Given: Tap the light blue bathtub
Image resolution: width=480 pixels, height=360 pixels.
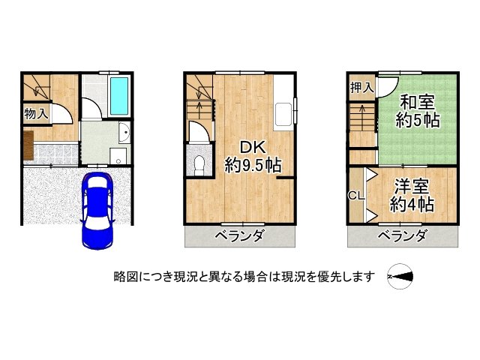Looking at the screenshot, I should click(118, 96).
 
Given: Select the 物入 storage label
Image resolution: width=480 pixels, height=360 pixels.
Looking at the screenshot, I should click(35, 115).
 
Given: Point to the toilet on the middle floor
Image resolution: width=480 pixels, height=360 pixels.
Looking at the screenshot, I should click(197, 163).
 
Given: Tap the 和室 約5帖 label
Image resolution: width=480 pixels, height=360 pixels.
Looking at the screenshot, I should click(418, 110).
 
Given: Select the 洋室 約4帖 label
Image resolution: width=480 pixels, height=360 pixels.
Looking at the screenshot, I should click(412, 194).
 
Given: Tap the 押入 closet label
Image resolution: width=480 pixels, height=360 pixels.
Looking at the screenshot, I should click(361, 88).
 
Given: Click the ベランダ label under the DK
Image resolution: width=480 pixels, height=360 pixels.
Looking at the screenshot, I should click(240, 237).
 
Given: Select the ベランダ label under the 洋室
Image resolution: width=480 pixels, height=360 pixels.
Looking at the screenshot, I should click(401, 237).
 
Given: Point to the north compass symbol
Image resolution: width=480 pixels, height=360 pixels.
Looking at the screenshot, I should click(402, 277).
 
